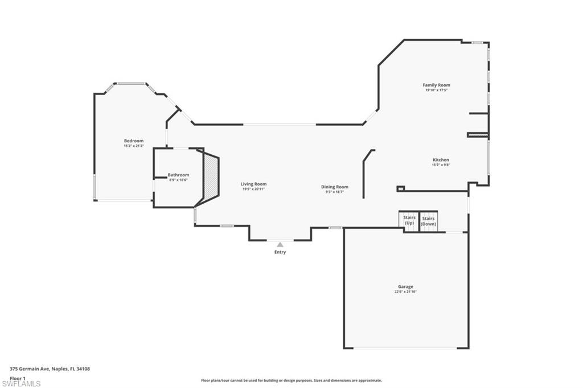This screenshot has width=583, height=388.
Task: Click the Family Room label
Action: (437, 85)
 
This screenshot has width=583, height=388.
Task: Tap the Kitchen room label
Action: (441, 160)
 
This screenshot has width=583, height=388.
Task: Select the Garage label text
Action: (405, 287)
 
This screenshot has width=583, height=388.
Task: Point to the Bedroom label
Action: (134, 141)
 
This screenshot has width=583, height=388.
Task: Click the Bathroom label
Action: (178, 175)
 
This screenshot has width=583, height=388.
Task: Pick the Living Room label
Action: (253, 184)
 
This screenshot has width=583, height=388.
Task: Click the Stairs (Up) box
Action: (409, 221)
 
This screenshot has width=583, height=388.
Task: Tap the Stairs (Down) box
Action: (428, 221)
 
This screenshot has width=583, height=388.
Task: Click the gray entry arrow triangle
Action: (280, 245)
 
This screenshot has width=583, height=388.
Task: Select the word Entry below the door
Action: (280, 252)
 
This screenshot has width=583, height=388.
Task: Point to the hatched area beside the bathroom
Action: (211, 177)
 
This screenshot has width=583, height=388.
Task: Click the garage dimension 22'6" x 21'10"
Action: (405, 292)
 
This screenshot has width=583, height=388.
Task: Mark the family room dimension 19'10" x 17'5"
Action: (437, 90)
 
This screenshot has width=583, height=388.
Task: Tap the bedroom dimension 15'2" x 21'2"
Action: (134, 146)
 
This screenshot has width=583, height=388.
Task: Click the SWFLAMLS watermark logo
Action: (21, 383)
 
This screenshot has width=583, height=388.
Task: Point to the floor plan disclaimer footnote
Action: (291, 381)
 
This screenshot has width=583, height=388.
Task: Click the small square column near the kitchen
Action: (400, 188)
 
